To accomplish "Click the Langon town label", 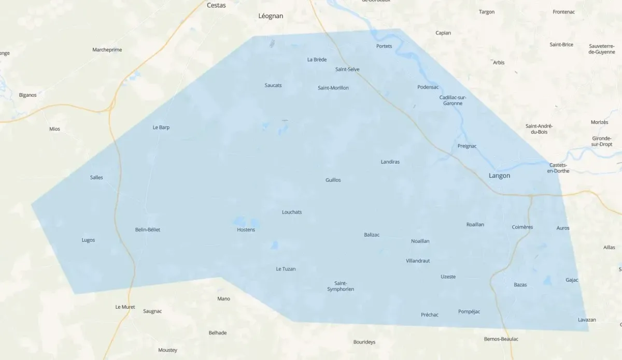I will pyautogui.click(x=499, y=176).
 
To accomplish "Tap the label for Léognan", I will pyautogui.click(x=271, y=16).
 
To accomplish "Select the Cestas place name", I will pyautogui.click(x=216, y=5).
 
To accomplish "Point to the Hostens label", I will pyautogui.click(x=246, y=229).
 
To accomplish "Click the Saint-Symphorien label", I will pyautogui.click(x=341, y=286).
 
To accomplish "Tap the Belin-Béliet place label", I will pyautogui.click(x=147, y=229).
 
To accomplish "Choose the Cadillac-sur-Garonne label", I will pyautogui.click(x=453, y=100).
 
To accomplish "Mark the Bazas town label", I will pyautogui.click(x=520, y=285).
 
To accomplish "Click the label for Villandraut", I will pyautogui.click(x=418, y=261).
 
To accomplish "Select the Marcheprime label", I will pyautogui.click(x=107, y=50).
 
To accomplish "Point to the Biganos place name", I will pyautogui.click(x=27, y=95).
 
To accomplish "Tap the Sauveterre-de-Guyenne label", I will pyautogui.click(x=602, y=49).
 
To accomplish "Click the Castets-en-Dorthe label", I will pyautogui.click(x=558, y=168).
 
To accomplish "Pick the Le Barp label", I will pyautogui.click(x=161, y=127).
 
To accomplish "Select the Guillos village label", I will pyautogui.click(x=333, y=180).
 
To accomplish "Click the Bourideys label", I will pyautogui.click(x=364, y=342).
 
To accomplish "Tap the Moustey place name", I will pyautogui.click(x=167, y=350).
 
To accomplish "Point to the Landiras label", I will pyautogui.click(x=390, y=162).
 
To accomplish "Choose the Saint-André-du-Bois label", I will pyautogui.click(x=539, y=129).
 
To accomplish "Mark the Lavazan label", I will pyautogui.click(x=587, y=320).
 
